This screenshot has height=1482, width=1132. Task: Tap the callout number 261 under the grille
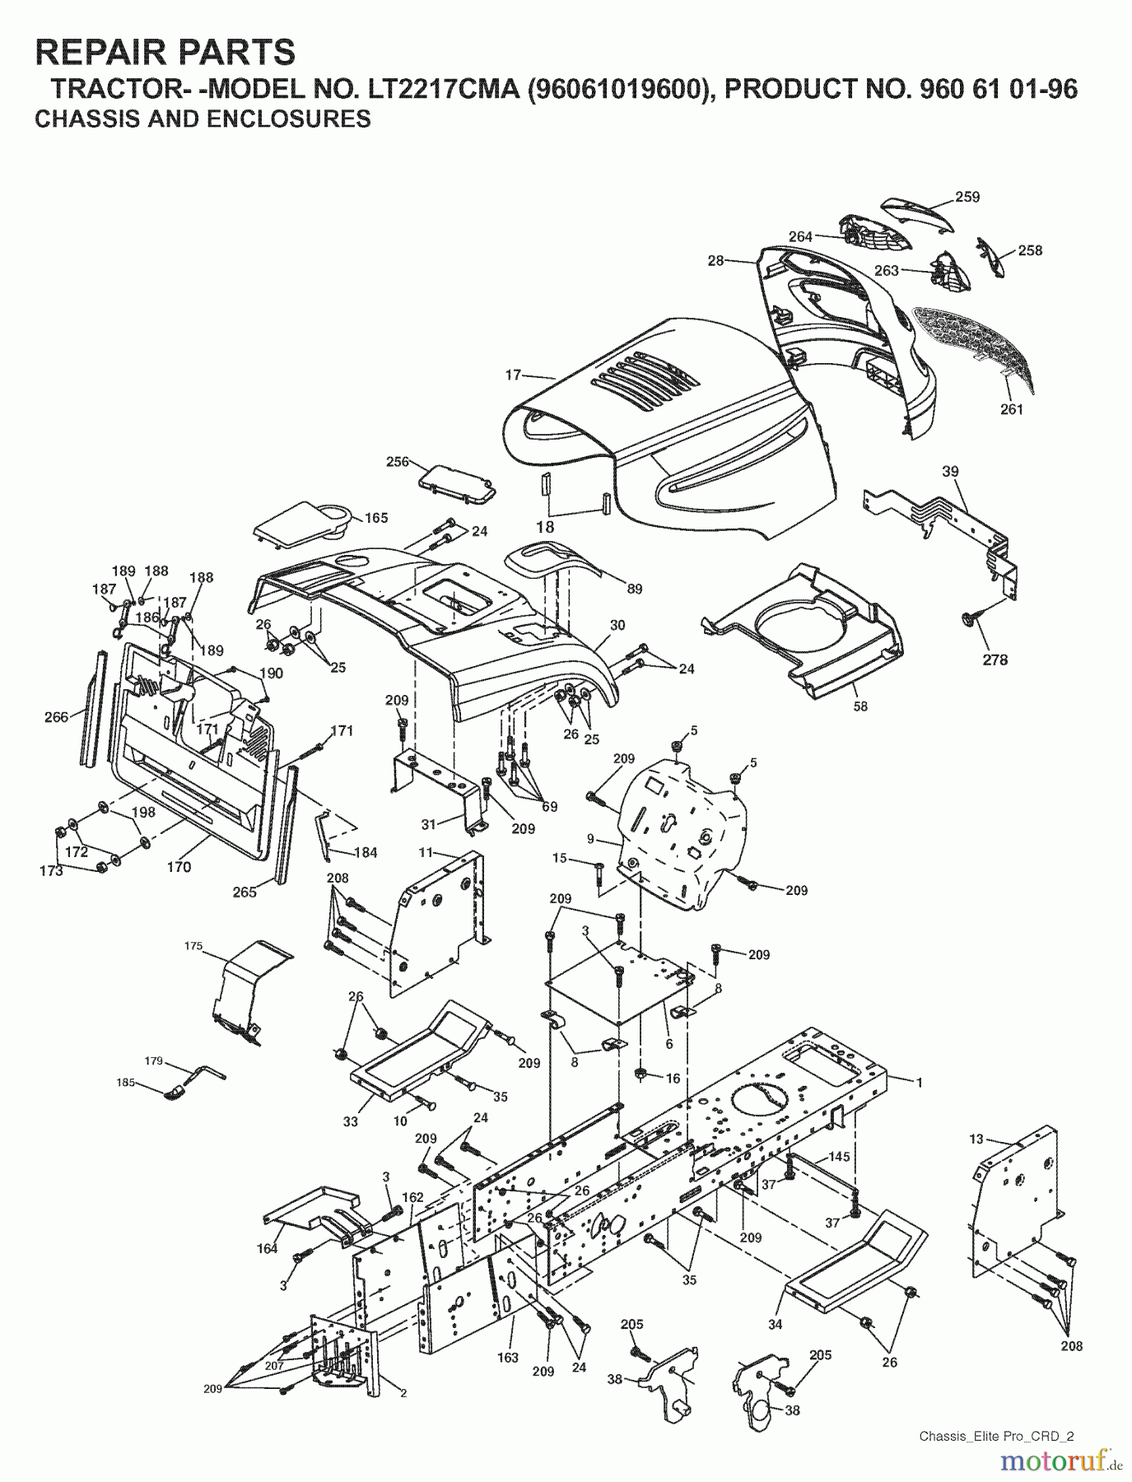click(1011, 409)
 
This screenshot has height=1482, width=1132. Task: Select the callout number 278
click(995, 659)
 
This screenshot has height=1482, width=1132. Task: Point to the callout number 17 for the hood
click(513, 375)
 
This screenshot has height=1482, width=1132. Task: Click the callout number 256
click(398, 462)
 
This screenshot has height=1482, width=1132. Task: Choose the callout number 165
click(376, 518)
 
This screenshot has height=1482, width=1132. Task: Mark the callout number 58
click(860, 706)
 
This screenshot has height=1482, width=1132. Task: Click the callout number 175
click(193, 947)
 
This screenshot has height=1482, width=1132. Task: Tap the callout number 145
click(839, 1157)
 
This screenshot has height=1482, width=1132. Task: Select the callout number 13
click(976, 1139)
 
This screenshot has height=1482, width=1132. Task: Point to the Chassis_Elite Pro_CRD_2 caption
click(996, 1437)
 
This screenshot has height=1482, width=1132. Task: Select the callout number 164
click(267, 1248)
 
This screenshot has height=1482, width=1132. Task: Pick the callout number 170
click(179, 866)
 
